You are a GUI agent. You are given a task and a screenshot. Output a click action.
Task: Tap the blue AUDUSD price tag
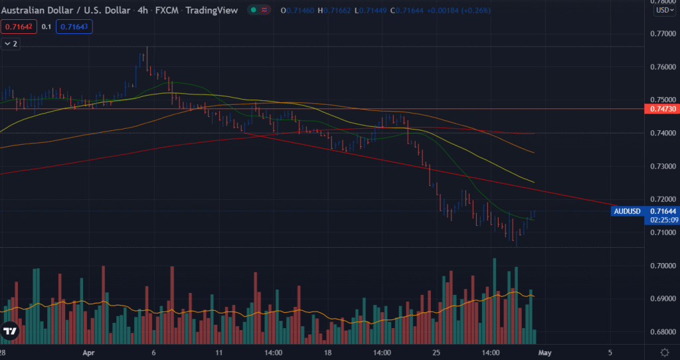point(628,212)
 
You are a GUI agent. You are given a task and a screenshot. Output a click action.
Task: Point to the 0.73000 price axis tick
point(661,166)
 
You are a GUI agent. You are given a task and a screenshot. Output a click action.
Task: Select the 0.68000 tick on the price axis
point(661,332)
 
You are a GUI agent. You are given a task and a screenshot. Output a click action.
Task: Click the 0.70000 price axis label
point(661,266)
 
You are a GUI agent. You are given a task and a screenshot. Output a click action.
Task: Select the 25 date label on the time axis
point(436,352)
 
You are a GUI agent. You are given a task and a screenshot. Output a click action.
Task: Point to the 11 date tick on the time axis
point(219,352)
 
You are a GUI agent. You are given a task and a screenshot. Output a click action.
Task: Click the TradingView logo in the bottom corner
point(10,331)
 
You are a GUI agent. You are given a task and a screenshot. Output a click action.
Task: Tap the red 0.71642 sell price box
point(18,27)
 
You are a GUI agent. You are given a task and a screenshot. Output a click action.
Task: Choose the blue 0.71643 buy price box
point(75,27)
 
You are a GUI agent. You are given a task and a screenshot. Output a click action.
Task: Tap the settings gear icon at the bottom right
point(664,351)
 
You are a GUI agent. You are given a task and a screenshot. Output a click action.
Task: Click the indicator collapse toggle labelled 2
point(11,43)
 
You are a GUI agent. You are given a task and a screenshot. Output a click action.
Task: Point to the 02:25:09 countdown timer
point(663,219)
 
